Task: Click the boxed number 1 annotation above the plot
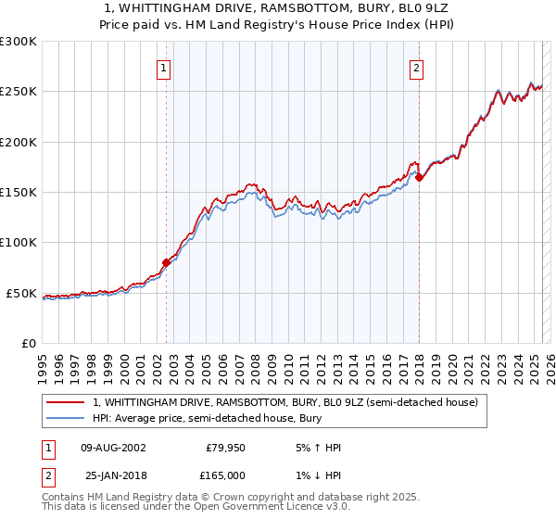pos(163,67)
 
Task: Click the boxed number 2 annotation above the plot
pos(416,67)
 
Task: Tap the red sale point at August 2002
pos(167,262)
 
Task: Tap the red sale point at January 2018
pos(419,177)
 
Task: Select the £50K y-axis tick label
pos(21,293)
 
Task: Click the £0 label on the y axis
pos(28,343)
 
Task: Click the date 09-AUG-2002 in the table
pos(113,448)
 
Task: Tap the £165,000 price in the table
pos(225,475)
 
